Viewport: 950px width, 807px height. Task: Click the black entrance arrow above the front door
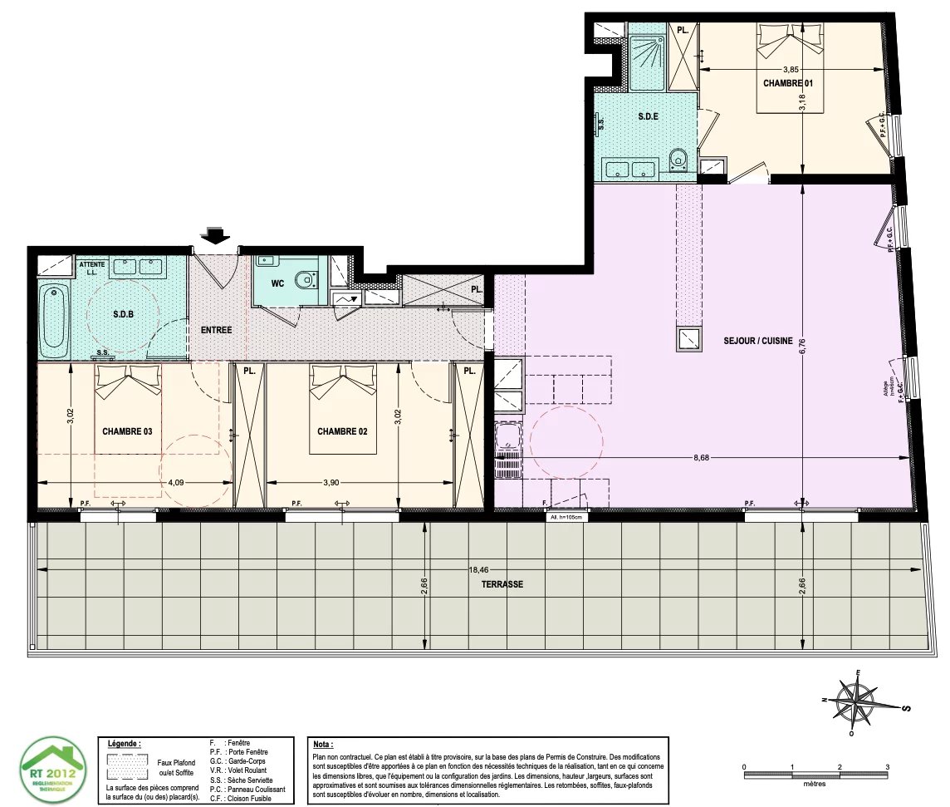coord(216,235)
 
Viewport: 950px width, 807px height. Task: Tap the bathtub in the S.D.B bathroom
coord(54,319)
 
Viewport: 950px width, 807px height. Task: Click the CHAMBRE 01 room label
coord(787,84)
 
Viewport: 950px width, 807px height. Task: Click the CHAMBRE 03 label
coord(128,431)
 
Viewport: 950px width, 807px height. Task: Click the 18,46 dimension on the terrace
coord(479,570)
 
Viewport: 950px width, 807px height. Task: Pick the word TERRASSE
coord(502,584)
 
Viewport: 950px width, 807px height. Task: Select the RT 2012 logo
coord(52,769)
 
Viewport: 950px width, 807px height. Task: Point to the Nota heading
coord(322,745)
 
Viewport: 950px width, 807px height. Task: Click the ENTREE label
coord(216,330)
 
